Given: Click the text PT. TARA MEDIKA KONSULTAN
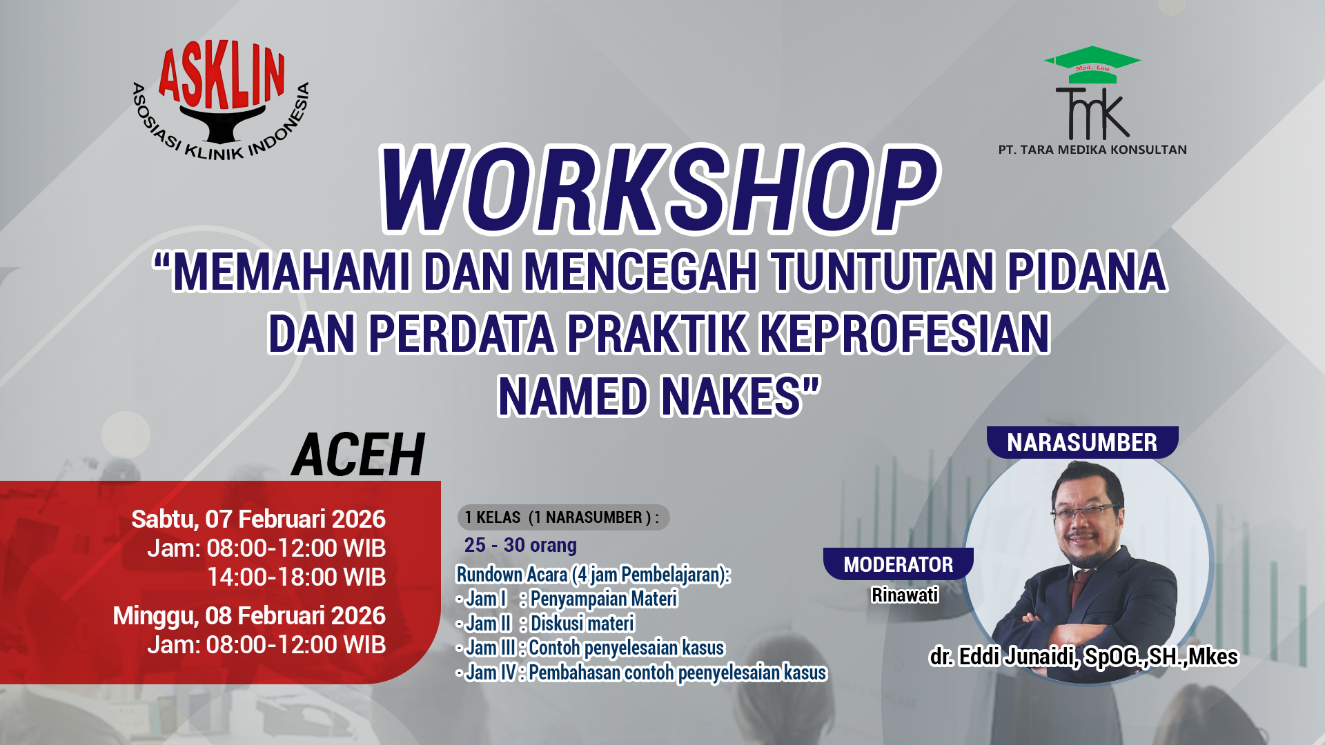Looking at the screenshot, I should pos(1092,150).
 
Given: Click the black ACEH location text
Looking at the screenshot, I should pos(358,455).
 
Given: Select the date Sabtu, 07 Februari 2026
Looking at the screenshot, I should pos(258,519).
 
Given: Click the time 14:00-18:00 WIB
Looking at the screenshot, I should pos(296,577).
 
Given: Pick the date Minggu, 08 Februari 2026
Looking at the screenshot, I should pos(249,615).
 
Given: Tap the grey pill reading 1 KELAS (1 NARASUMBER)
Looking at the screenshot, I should pos(562,517).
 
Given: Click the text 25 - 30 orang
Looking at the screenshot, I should pos(520,545).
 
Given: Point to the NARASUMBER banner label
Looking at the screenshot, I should pos(1081,443).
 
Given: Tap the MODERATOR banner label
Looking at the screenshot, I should pos(898,564).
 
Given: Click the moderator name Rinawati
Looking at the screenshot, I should pos(904,595).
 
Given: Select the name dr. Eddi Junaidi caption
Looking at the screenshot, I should pos(1083,657).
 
